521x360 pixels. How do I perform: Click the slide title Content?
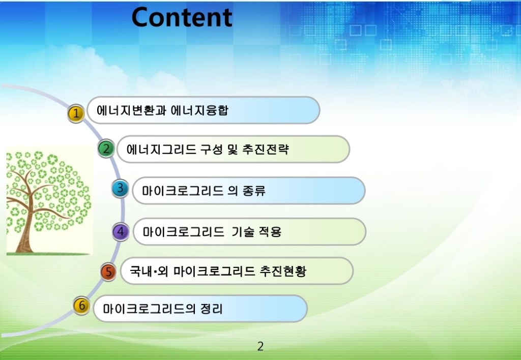coord(182,17)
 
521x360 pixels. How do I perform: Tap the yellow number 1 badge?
coord(76,113)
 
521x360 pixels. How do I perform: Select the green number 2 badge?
coord(106,148)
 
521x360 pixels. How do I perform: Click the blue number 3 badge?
coord(120,189)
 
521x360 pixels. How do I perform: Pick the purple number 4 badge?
coord(121,231)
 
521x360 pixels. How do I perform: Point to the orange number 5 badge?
coord(108,272)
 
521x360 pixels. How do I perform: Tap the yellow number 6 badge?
coord(81,305)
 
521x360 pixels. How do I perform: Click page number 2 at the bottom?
coord(260,347)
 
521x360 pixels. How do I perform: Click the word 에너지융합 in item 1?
coord(199,110)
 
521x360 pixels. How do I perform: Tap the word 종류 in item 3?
coord(254,191)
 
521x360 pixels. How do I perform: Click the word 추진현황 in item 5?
coord(283,272)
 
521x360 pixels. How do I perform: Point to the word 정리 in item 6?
coord(211,309)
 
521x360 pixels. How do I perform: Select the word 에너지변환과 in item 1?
coord(132,110)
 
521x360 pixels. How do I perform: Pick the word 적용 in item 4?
coord(270,232)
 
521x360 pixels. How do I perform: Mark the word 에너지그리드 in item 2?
coord(161,149)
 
